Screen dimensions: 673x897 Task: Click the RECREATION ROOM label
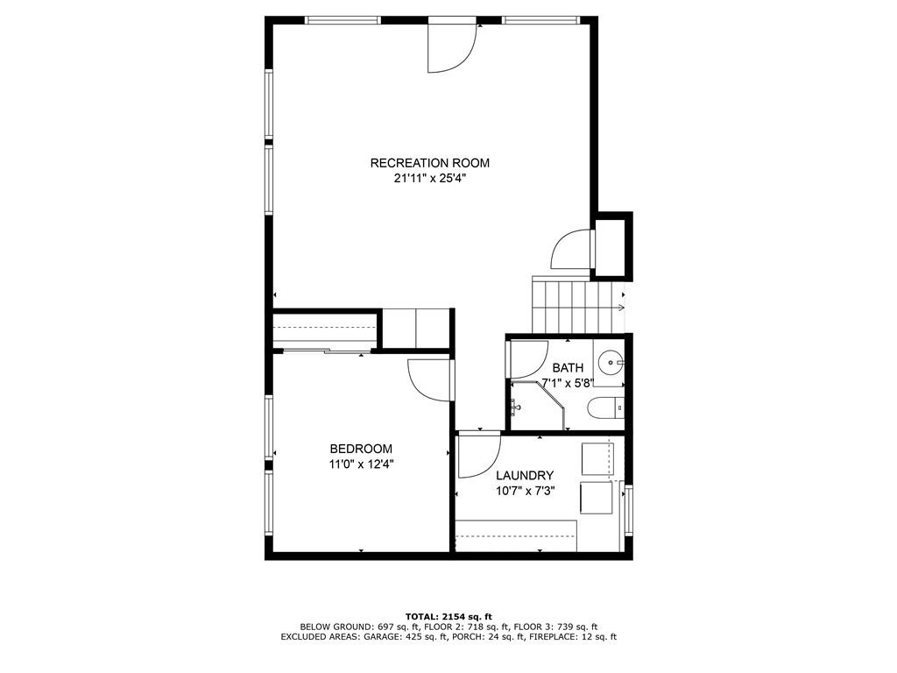pos(429,163)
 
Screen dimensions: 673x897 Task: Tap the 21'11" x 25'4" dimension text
pos(429,179)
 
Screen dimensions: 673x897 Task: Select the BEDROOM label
pos(361,449)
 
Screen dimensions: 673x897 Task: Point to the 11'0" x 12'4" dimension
pos(361,464)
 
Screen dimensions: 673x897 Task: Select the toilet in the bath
pos(604,407)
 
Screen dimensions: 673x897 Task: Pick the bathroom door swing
pos(527,358)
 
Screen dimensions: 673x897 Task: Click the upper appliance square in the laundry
pos(597,458)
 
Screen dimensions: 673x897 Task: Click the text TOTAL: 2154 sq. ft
pos(448,616)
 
